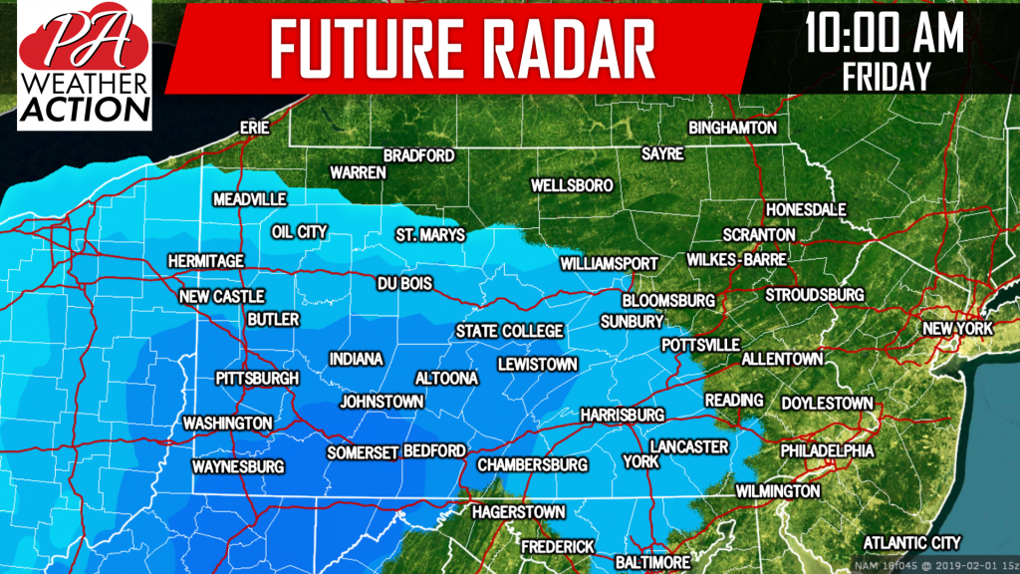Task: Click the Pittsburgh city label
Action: coord(257,379)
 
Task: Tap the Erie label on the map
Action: coord(256,129)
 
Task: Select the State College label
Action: coord(509,331)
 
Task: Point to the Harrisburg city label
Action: coord(622,414)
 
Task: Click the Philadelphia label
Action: coord(827,451)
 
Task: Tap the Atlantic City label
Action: coord(911,543)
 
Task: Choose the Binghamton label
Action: coord(732,129)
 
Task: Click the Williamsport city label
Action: coord(609,264)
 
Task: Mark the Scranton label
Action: coord(759,234)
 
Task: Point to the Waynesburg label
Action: coord(238,466)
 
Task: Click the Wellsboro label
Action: coord(572,186)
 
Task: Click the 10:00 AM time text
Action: coord(885,35)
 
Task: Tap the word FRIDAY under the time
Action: coord(886,75)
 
